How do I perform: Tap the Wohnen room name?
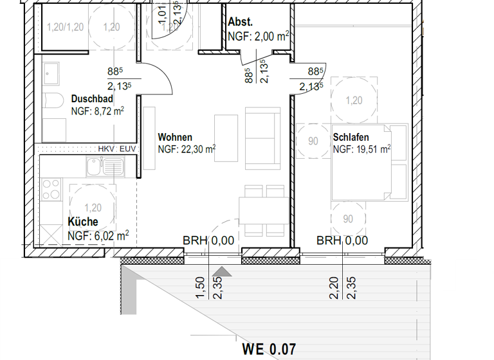(175, 138)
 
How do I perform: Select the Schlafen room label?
(352, 138)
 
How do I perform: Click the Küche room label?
(83, 222)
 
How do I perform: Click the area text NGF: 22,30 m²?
(187, 149)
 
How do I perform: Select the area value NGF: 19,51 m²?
(362, 149)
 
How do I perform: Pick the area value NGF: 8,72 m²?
(97, 111)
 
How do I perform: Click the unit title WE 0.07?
(269, 350)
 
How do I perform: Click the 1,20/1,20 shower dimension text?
(66, 27)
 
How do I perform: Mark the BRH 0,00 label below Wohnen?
(208, 240)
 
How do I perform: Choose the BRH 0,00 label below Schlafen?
(342, 240)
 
